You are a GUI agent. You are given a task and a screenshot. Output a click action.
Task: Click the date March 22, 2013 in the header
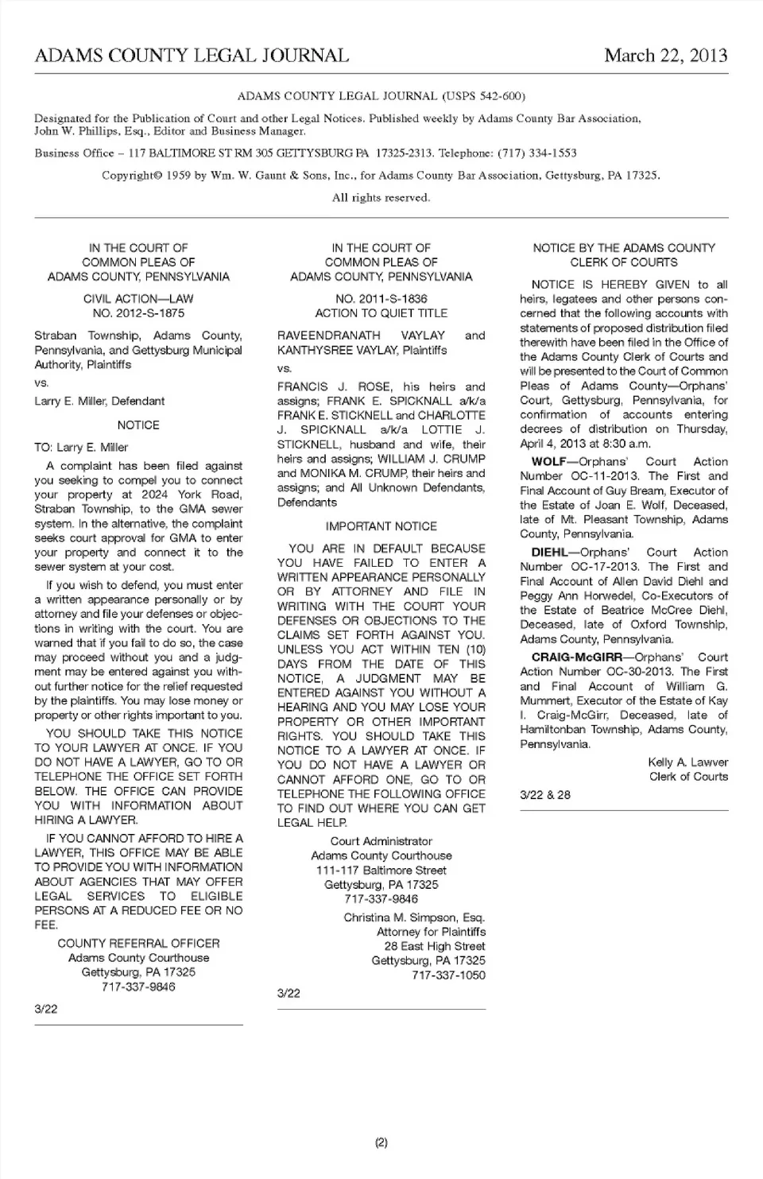pyautogui.click(x=665, y=56)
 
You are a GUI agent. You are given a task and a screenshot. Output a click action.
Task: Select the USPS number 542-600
pyautogui.click(x=500, y=96)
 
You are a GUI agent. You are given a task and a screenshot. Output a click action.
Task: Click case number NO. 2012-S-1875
pyautogui.click(x=138, y=313)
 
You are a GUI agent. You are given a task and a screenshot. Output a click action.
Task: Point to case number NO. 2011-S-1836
pyautogui.click(x=381, y=299)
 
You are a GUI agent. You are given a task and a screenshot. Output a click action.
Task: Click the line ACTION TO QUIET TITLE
pyautogui.click(x=381, y=313)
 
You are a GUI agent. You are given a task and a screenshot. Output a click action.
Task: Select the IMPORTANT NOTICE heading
pyautogui.click(x=381, y=526)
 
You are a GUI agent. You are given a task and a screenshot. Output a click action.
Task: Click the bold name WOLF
pyautogui.click(x=548, y=461)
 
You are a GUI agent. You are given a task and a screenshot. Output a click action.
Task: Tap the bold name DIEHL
pyautogui.click(x=549, y=552)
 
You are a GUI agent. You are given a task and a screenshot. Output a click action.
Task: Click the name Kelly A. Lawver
pyautogui.click(x=687, y=762)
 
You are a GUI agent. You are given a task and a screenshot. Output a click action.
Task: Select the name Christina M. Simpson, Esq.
pyautogui.click(x=414, y=917)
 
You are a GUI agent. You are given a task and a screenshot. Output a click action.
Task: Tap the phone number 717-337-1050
pyautogui.click(x=448, y=975)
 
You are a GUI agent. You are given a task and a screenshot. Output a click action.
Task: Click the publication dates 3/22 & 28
pyautogui.click(x=545, y=795)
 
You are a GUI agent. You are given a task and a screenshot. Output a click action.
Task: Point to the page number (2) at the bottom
pyautogui.click(x=381, y=1142)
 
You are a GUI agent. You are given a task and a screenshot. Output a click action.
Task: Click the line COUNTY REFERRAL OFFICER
pyautogui.click(x=138, y=944)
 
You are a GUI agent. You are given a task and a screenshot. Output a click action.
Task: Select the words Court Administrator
pyautogui.click(x=381, y=841)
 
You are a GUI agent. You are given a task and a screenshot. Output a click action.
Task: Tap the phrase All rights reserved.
pyautogui.click(x=381, y=198)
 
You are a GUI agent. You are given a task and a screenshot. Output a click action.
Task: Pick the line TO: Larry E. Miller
pyautogui.click(x=81, y=448)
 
